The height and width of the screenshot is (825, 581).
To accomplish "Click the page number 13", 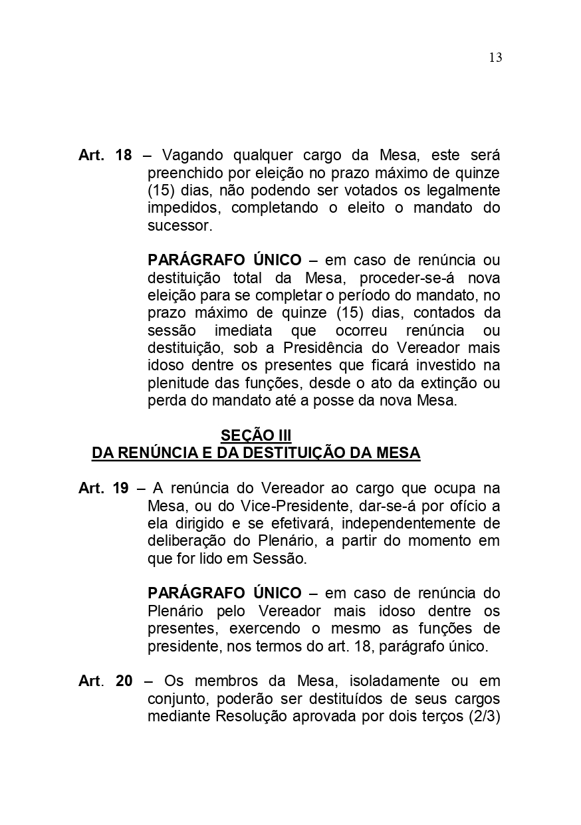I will tap(495, 58).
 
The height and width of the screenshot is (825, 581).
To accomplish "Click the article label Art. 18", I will tap(105, 156).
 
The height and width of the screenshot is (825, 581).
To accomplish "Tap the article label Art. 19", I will tap(103, 489).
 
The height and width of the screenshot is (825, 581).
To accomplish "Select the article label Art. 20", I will tap(105, 681).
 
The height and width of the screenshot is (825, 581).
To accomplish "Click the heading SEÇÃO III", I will tap(256, 436).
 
